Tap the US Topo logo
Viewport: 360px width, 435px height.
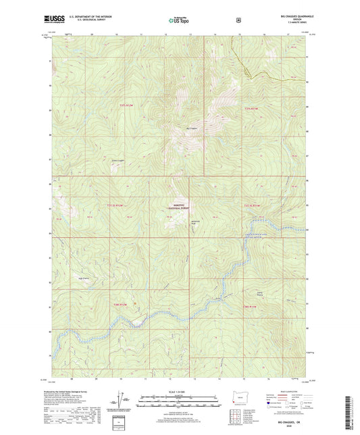click(x=179, y=21)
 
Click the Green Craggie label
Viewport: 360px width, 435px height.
click(x=118, y=161)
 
